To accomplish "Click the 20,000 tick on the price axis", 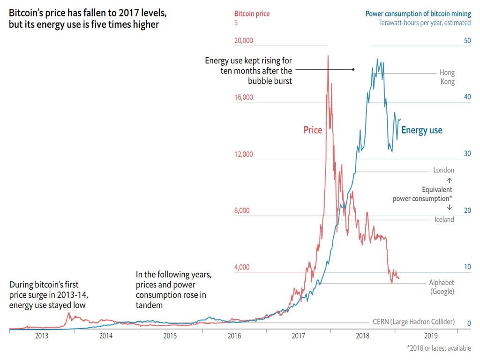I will [x=243, y=41].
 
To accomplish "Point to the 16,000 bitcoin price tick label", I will [x=243, y=97].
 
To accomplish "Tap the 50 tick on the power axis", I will [x=467, y=41].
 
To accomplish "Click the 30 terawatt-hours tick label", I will [x=467, y=154].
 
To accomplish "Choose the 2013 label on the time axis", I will [x=42, y=336].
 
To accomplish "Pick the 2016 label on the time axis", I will [x=234, y=336].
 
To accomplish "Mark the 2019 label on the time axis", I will [x=431, y=336].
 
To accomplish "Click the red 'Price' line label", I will [x=313, y=130].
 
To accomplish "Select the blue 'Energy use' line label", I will [x=422, y=130].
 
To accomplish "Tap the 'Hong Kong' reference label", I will [x=447, y=77].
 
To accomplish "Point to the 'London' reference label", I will [x=443, y=170].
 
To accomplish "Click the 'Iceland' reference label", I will [x=444, y=219].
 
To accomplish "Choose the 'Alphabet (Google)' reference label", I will [x=442, y=287].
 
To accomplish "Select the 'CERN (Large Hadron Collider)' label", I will [x=413, y=322].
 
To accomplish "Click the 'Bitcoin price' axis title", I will [x=252, y=14].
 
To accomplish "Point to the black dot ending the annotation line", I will [x=353, y=69].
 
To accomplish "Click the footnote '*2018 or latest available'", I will [x=439, y=348].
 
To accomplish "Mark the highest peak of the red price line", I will [x=328, y=56].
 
